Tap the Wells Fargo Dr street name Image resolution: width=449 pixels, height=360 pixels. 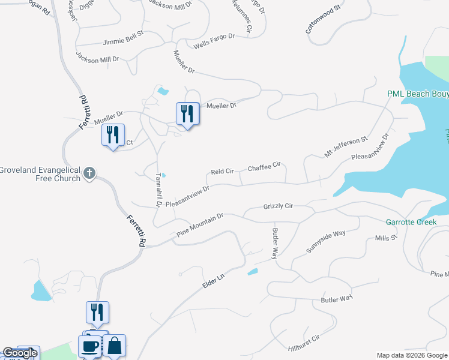214,41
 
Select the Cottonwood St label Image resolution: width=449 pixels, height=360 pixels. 323,20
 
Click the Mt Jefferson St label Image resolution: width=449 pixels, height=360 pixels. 346,147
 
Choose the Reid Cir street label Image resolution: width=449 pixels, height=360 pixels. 222,172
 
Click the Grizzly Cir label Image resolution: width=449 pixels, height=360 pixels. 278,206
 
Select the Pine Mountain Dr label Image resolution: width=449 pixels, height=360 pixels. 199,224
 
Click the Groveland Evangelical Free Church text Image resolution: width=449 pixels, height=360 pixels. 40,174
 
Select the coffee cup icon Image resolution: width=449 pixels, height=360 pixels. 90,346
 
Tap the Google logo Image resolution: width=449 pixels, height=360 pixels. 20,353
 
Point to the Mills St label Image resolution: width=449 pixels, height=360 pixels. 386,238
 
